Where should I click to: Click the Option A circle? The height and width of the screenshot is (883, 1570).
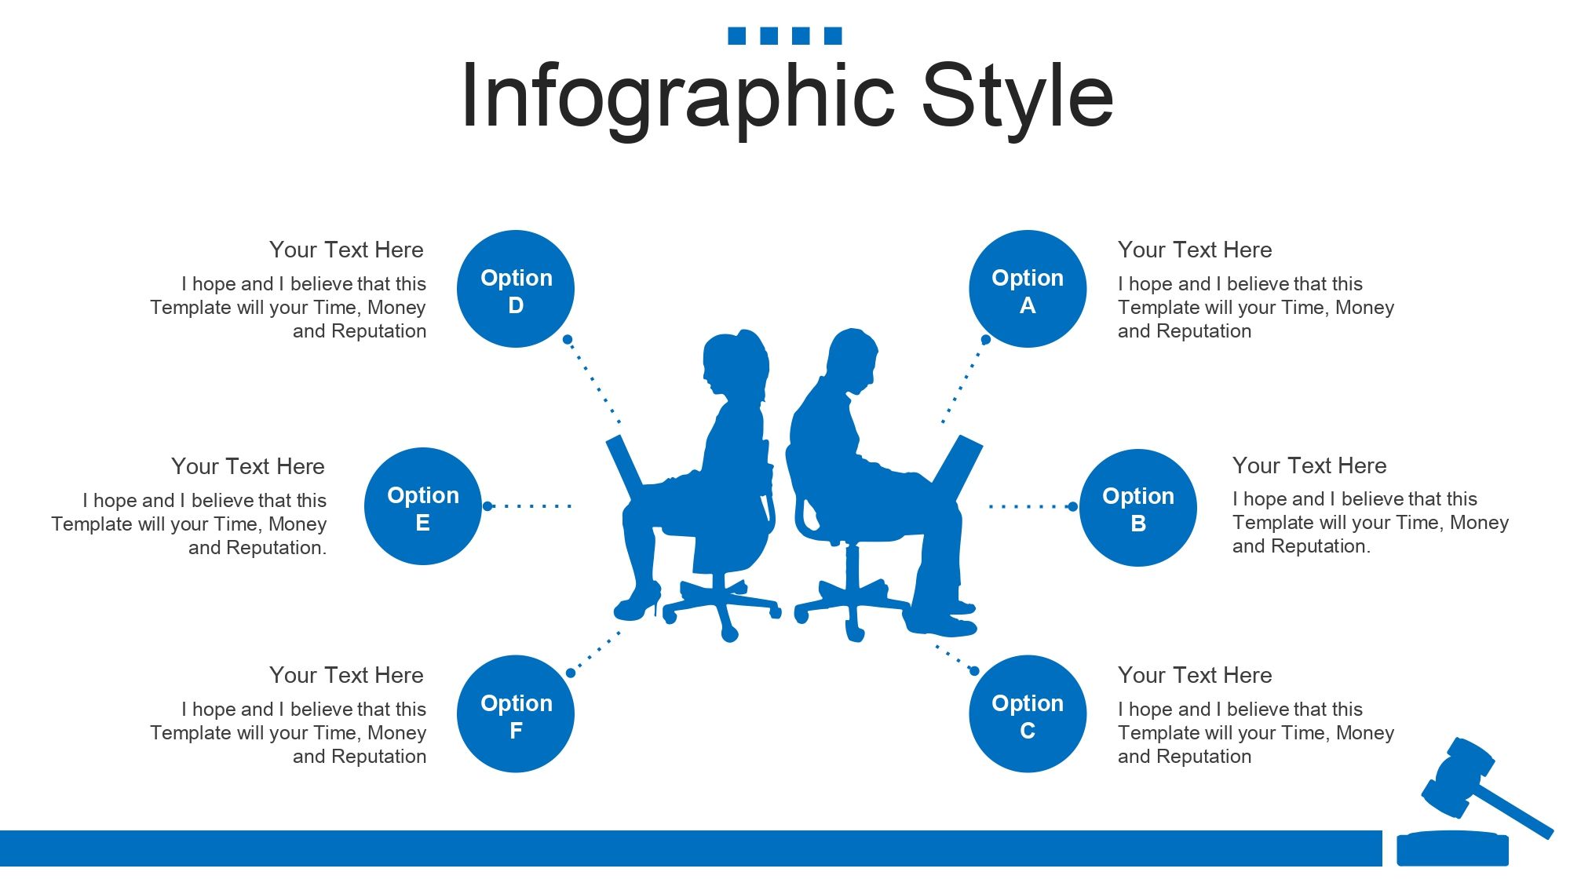click(1028, 289)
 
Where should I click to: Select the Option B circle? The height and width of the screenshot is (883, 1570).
click(1138, 507)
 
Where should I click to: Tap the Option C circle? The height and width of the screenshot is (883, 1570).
click(1028, 713)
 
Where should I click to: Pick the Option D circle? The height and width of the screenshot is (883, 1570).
click(516, 289)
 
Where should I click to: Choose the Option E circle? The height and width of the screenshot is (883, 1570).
click(423, 506)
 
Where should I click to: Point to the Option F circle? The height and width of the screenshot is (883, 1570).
click(516, 713)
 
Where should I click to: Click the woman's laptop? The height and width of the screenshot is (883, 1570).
click(626, 469)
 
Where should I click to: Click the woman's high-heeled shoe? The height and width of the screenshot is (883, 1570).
click(637, 602)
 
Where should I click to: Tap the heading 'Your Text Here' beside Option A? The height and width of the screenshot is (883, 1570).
click(1195, 250)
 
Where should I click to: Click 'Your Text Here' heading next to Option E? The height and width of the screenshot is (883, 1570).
click(247, 466)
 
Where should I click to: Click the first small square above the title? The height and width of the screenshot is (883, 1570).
click(736, 35)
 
